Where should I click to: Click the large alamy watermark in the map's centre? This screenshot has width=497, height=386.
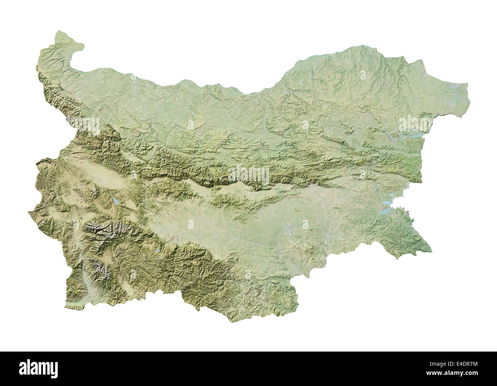point(248,174)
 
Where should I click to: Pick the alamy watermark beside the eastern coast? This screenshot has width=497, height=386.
point(415,124)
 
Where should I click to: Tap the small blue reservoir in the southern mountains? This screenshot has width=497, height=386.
point(157,252)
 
